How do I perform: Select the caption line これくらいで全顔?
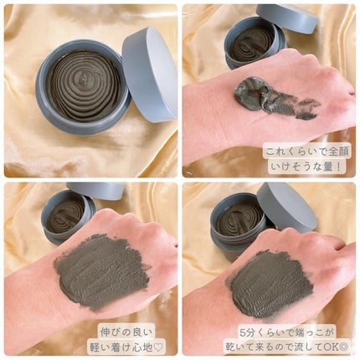pyautogui.click(x=307, y=152)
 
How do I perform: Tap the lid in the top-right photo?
pyautogui.click(x=287, y=18)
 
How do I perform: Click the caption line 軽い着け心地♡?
pyautogui.click(x=126, y=347)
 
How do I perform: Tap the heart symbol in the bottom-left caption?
pyautogui.click(x=159, y=347)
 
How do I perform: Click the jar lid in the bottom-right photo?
pyautogui.click(x=287, y=207)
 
